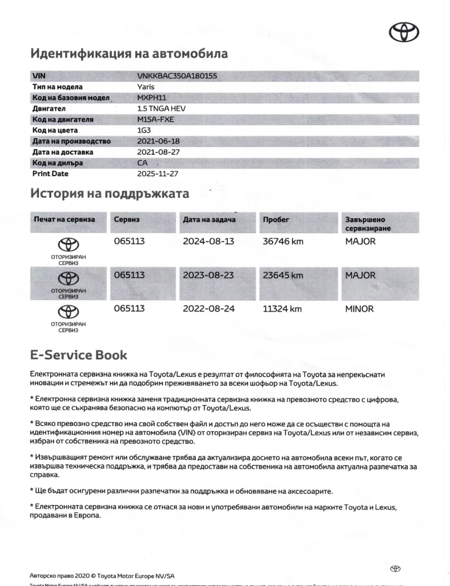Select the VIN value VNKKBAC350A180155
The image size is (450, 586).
(x=177, y=75)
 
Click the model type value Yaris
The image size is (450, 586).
(x=146, y=87)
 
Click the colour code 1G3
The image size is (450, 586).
(x=145, y=130)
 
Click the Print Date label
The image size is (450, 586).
(x=50, y=174)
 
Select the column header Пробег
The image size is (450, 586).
(x=276, y=219)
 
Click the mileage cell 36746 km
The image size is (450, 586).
(x=283, y=242)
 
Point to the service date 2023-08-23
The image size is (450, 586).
(x=209, y=276)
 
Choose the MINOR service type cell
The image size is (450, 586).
(x=359, y=309)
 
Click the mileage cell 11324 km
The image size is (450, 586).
(x=282, y=309)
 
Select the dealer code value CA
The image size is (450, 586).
(x=142, y=163)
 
